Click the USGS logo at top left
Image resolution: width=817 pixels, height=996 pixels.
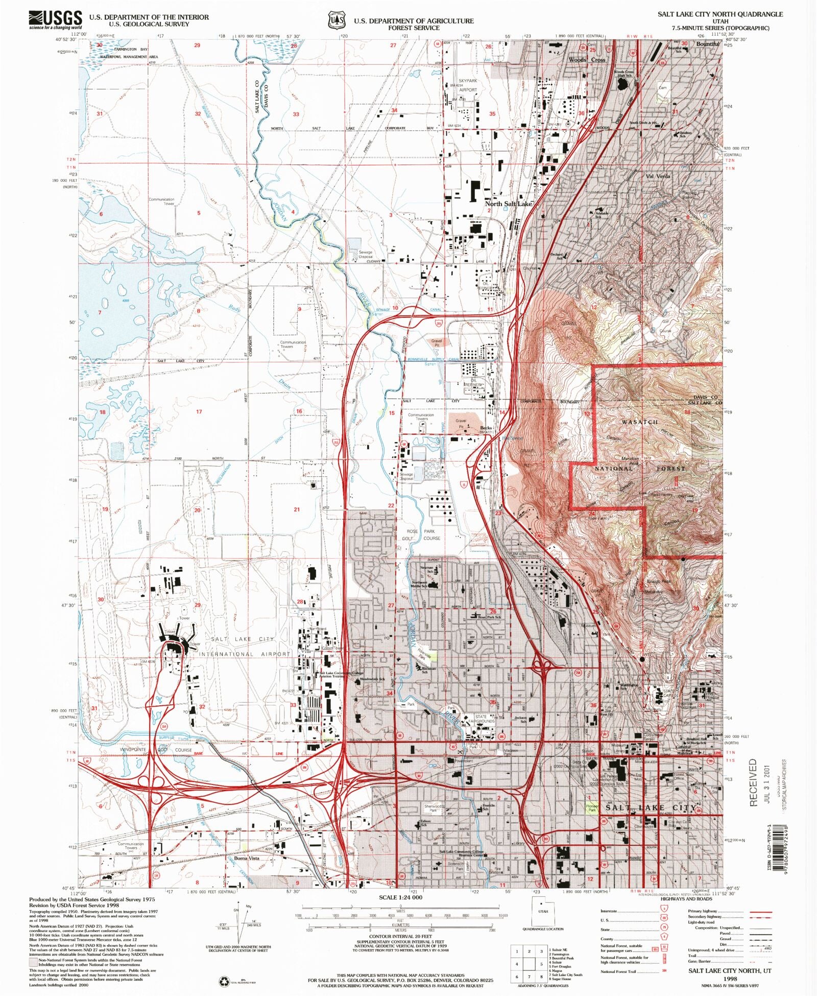click(56, 19)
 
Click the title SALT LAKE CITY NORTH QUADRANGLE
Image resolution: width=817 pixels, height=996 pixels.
click(720, 14)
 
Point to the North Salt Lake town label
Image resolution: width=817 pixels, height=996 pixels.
click(508, 203)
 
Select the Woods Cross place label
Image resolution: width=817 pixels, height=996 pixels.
click(587, 60)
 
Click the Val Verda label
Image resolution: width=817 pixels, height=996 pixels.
click(658, 176)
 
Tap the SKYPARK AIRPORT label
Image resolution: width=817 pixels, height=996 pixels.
click(468, 85)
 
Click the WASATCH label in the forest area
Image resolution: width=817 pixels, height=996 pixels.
click(640, 422)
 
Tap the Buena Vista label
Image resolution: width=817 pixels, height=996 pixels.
click(247, 858)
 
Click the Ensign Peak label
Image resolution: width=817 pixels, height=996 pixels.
click(659, 581)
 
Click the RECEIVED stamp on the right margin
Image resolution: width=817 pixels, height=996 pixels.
click(754, 782)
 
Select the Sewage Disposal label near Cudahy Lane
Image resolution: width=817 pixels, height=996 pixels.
click(365, 254)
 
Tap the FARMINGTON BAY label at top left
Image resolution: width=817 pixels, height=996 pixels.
click(131, 49)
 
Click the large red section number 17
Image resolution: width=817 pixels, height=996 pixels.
click(199, 411)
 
